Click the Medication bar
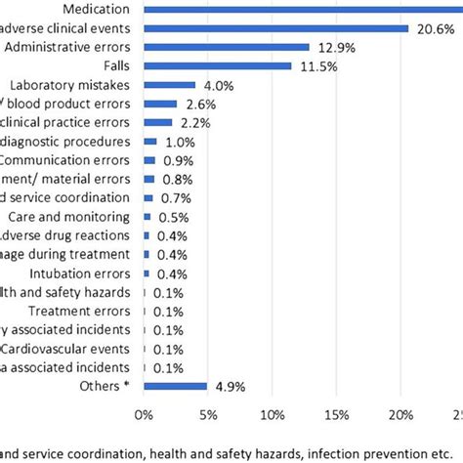(303, 10)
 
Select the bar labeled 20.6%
(275, 28)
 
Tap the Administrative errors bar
(227, 47)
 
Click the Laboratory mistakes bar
(169, 85)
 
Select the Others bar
(175, 386)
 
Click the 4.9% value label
(228, 386)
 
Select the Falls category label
(116, 65)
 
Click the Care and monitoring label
(71, 217)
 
